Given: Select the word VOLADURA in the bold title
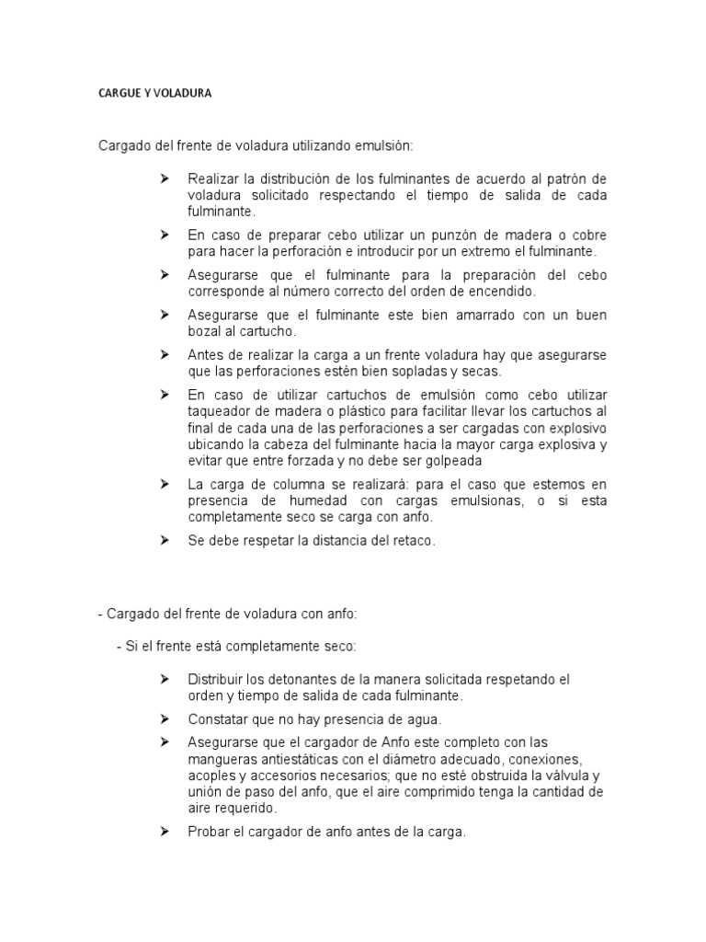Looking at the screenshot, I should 184,94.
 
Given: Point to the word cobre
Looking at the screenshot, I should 588,235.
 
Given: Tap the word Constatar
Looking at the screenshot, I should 218,718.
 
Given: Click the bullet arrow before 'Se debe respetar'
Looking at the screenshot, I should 165,540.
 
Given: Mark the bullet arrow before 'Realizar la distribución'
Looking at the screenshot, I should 165,178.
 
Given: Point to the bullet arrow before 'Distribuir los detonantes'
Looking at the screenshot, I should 165,679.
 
